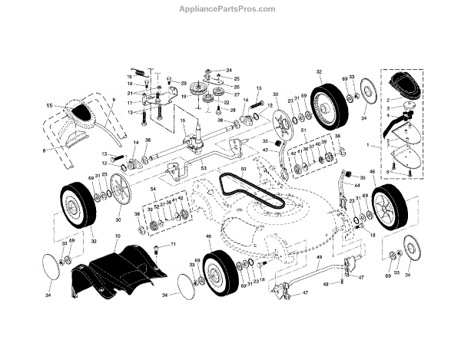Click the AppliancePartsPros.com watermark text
pos(230,9)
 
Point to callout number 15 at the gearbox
pos(182,121)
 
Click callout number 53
pos(203,167)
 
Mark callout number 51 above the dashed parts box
pos(303,130)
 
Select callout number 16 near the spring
pos(131,78)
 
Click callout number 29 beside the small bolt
pos(184,82)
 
